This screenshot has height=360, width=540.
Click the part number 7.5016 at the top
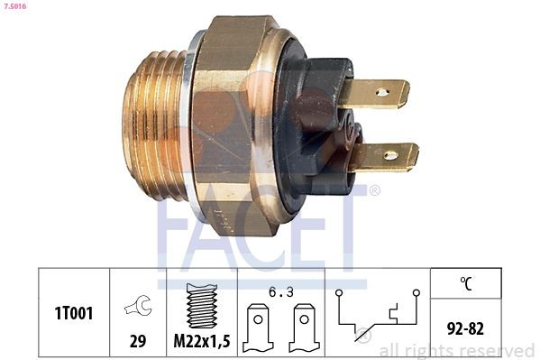coord(15,6)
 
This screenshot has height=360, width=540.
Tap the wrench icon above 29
coord(138,308)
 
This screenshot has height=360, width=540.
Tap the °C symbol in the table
coord(465,284)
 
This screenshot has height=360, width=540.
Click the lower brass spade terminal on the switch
coord(388,156)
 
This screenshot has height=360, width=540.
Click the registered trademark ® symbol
coord(374,189)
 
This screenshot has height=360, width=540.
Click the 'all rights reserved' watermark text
coord(456,349)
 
